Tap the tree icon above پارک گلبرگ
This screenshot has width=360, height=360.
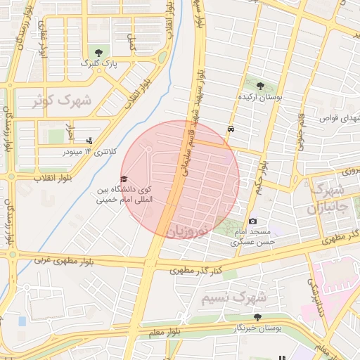(x=98, y=52)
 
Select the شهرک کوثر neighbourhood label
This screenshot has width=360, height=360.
(x=62, y=101)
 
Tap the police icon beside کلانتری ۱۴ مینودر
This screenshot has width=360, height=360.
(x=88, y=141)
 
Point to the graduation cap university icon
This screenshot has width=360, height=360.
(x=124, y=179)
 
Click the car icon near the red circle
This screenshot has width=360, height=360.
(x=231, y=129)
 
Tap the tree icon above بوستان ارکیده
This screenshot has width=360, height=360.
(x=261, y=86)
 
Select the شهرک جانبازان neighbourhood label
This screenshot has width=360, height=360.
(x=327, y=200)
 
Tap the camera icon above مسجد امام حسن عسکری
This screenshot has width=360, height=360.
(x=253, y=221)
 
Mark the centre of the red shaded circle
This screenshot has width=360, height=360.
(x=181, y=179)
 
